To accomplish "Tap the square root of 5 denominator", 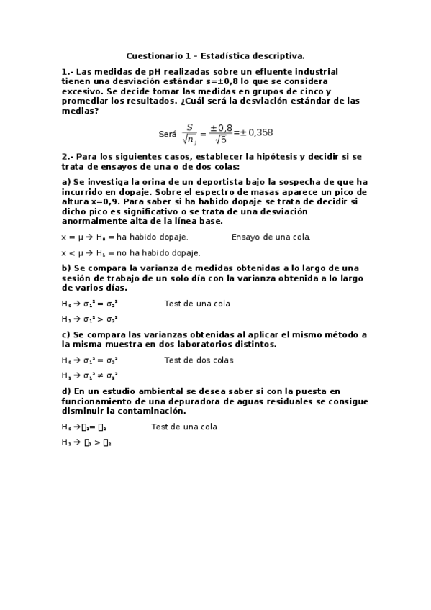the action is point(221,140).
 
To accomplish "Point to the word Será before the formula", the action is point(167,134).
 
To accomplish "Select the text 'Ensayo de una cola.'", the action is point(271,237).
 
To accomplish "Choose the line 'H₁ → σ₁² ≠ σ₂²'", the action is point(90,375).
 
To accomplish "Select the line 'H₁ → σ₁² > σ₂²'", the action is point(90,319).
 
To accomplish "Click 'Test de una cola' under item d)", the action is point(184,427).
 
